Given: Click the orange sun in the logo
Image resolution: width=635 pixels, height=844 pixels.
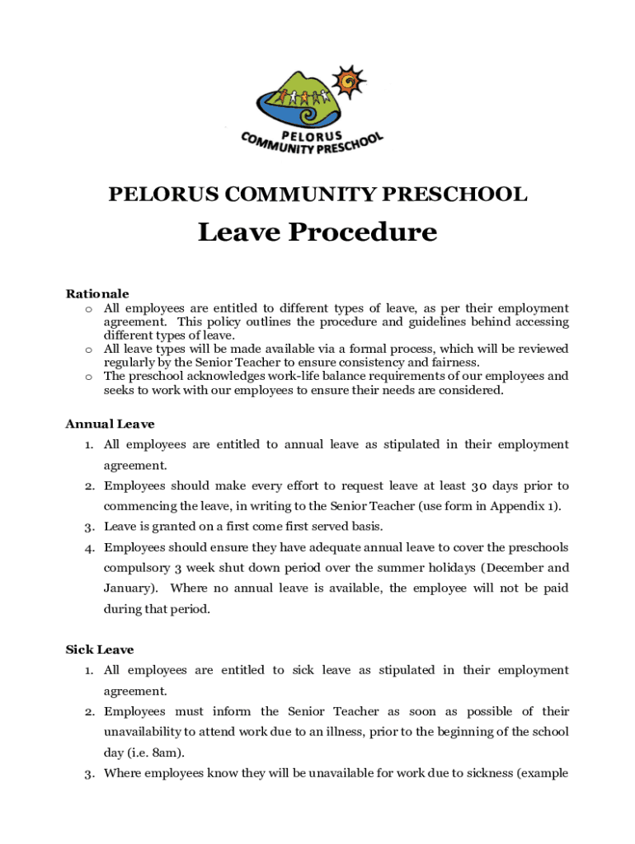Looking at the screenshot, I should [348, 80].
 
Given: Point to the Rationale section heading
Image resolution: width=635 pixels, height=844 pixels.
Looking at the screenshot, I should [97, 293].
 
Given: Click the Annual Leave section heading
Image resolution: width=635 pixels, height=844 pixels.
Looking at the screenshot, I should [110, 424].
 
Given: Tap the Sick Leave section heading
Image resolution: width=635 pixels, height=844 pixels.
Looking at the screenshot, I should [99, 649].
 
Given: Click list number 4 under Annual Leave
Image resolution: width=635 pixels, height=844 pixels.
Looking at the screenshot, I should [87, 547].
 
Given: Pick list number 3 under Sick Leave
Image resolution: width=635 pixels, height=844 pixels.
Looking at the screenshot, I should [87, 773].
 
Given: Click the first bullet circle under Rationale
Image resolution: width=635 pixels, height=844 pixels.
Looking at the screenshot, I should [87, 308].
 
